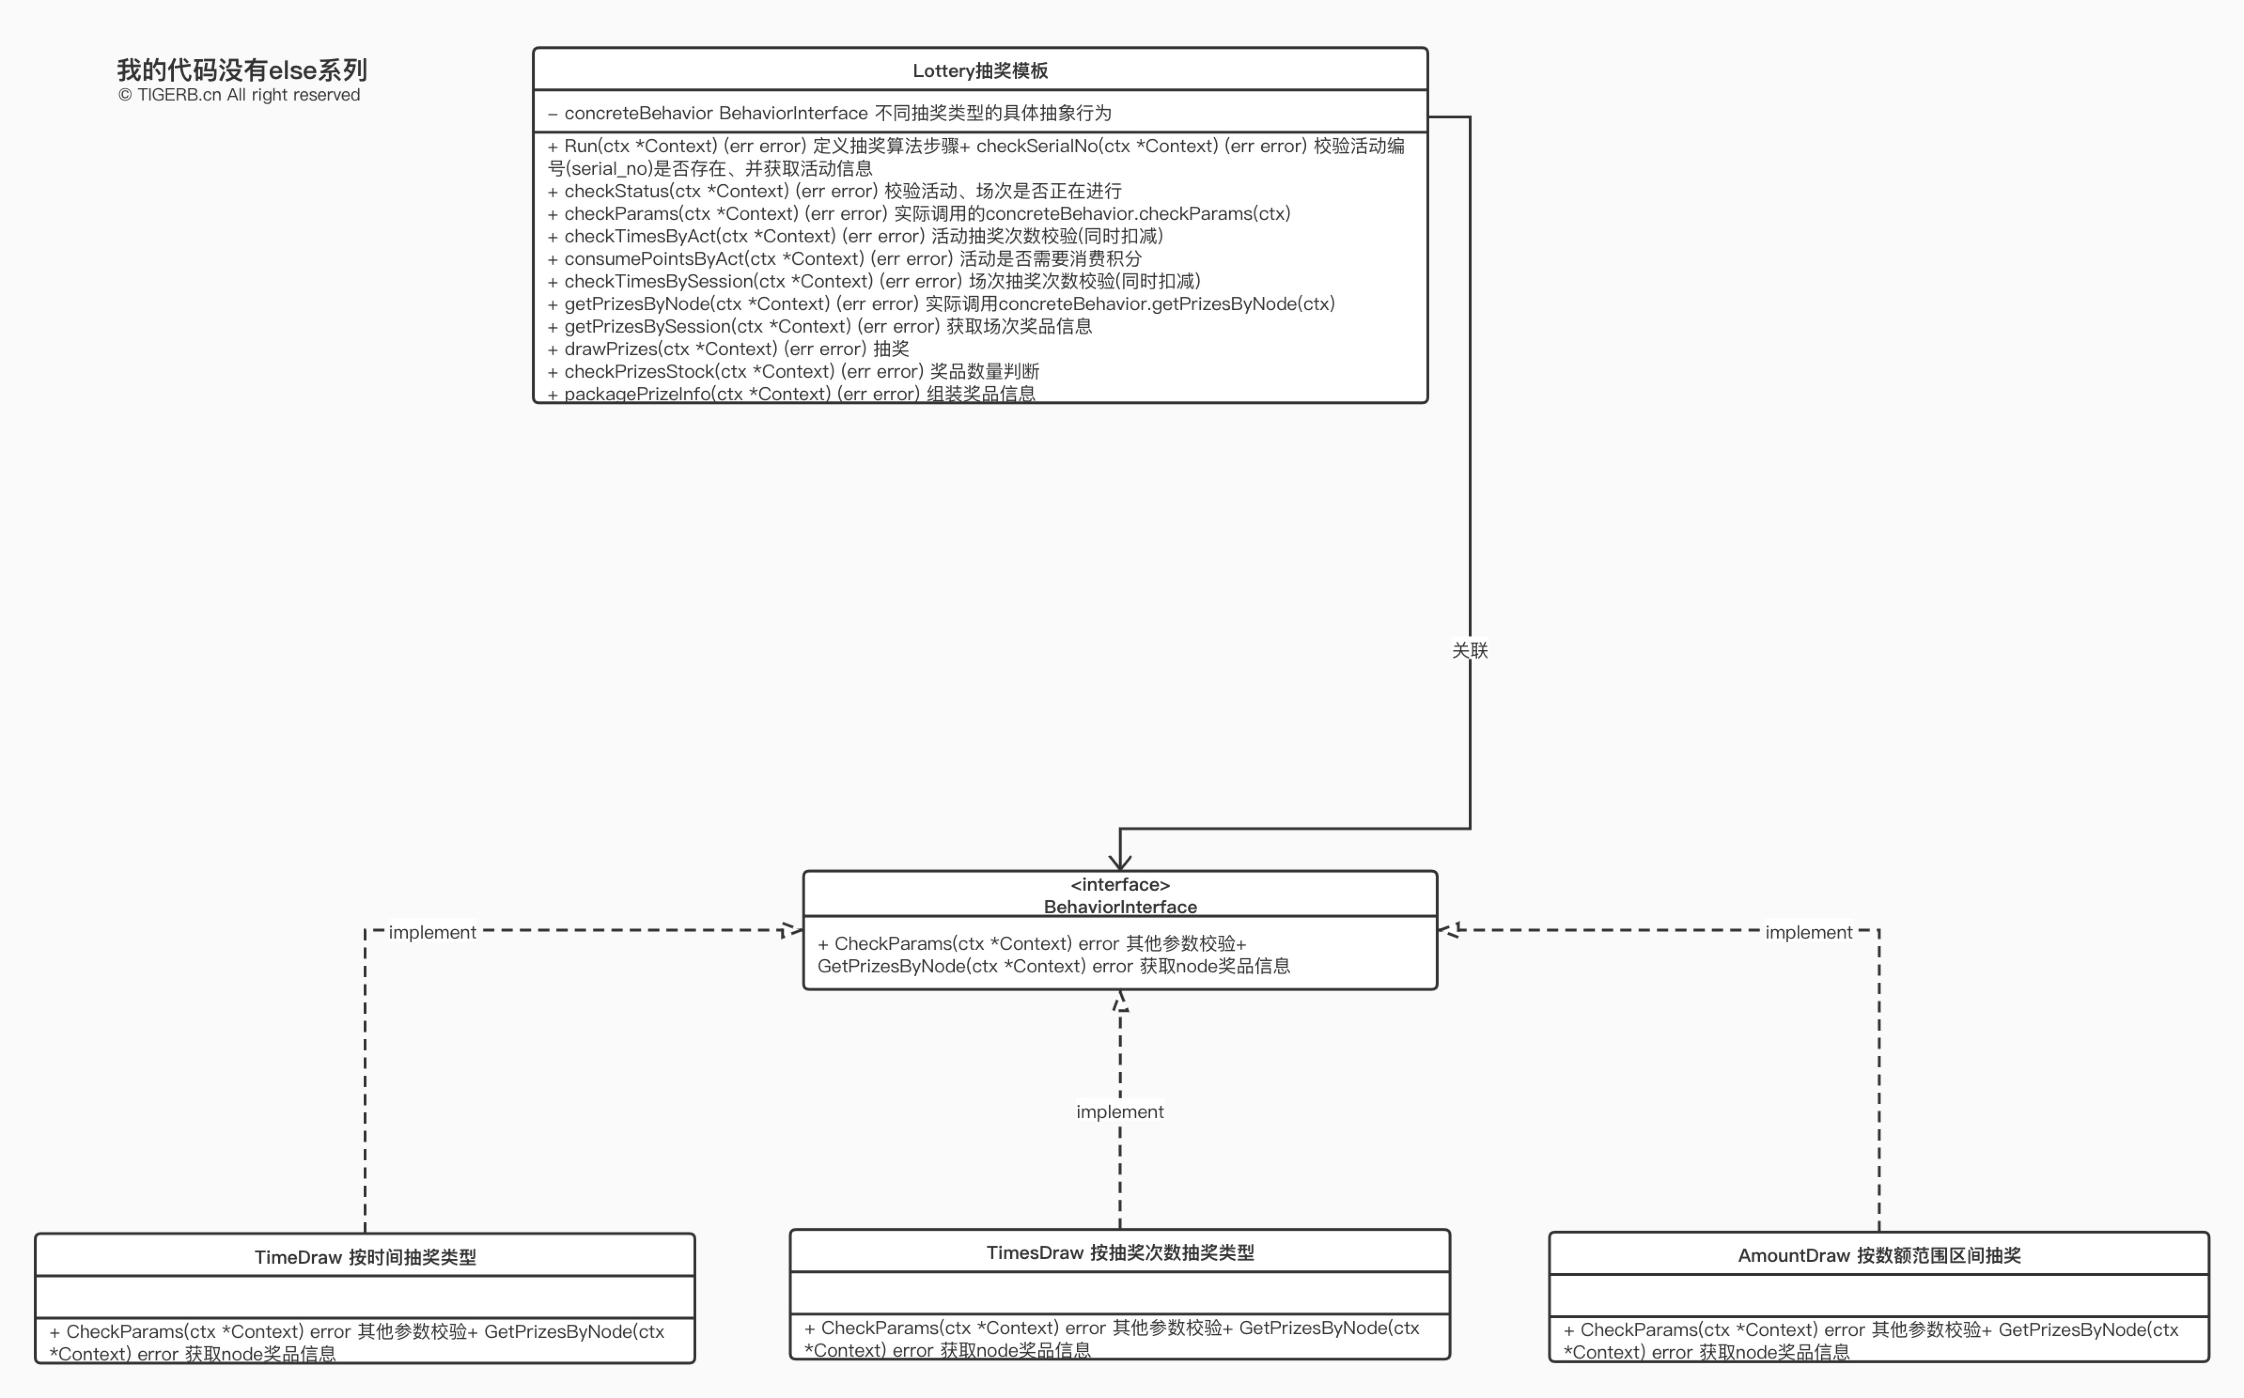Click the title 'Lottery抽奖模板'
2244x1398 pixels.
click(980, 70)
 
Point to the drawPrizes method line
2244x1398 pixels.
click(728, 349)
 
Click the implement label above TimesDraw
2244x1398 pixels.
click(1120, 1111)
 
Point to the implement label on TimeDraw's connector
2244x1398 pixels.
click(432, 932)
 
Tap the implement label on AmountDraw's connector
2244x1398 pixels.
click(1808, 932)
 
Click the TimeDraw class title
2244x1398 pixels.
click(365, 1258)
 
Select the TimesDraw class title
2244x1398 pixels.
click(1120, 1253)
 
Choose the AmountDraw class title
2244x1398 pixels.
click(1879, 1256)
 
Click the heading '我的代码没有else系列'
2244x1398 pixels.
click(242, 70)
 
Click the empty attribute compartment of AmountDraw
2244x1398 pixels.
click(1879, 1296)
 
